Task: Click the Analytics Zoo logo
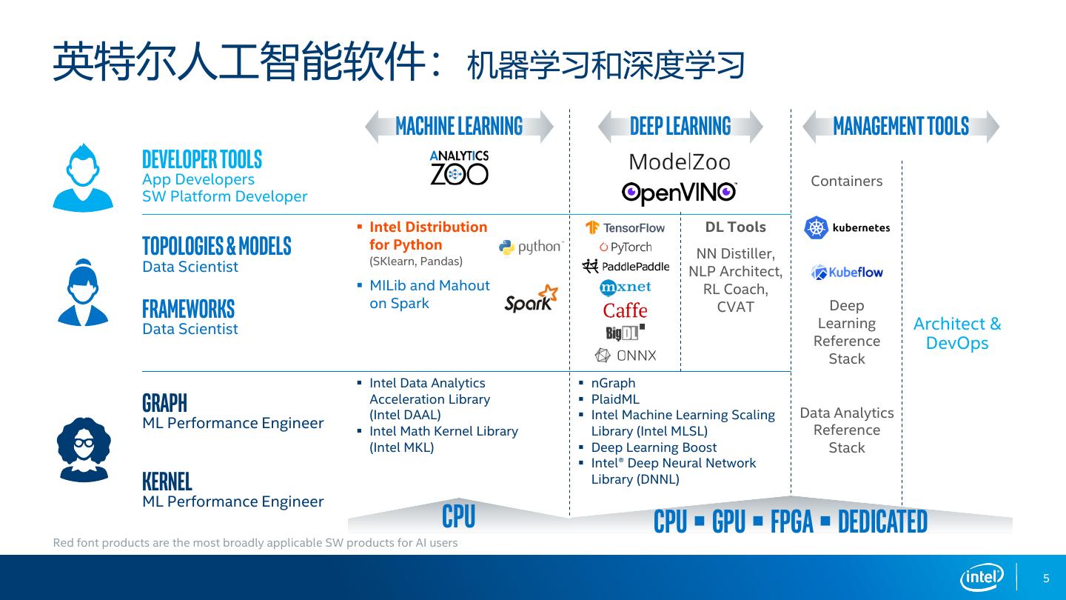coord(459,167)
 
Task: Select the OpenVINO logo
coord(679,193)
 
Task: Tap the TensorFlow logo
coord(626,227)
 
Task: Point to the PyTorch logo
coord(626,247)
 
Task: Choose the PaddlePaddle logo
coord(626,267)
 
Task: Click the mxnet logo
coord(626,287)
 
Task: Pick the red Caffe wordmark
coord(626,310)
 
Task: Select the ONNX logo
coord(626,356)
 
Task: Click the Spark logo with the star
coord(531,299)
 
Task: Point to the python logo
coord(531,247)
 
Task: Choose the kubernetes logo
coord(847,227)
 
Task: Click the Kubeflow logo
coord(847,273)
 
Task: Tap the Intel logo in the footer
coord(982,577)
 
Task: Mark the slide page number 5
coord(1046,579)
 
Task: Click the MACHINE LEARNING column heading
coord(459,126)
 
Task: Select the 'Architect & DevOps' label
coord(957,333)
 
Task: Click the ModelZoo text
coord(679,162)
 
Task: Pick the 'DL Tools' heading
coord(735,227)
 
